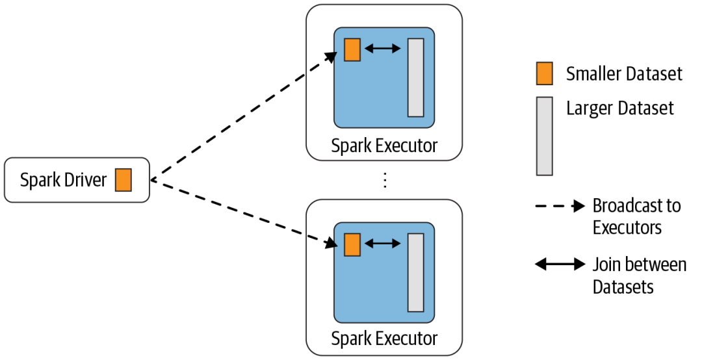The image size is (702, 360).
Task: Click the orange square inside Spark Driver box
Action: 123,180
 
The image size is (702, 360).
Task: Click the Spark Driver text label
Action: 63,180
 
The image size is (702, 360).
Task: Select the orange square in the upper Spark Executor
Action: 352,49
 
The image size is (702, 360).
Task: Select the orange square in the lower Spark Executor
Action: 352,244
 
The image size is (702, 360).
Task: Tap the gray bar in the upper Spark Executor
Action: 415,77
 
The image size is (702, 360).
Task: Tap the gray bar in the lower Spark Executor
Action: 415,272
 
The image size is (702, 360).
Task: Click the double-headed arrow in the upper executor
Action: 383,49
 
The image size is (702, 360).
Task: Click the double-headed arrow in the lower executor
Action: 383,244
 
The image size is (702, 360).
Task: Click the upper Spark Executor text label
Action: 384,146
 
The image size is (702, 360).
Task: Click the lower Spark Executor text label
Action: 384,339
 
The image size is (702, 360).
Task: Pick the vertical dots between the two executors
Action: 385,180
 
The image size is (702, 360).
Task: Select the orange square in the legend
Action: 544,73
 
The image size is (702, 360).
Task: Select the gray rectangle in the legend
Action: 544,136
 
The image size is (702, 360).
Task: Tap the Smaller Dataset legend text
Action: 624,74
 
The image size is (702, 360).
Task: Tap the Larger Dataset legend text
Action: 620,107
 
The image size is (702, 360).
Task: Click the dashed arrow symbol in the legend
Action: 559,207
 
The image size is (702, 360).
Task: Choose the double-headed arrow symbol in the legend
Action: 559,264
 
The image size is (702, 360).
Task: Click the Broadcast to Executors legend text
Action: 636,217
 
